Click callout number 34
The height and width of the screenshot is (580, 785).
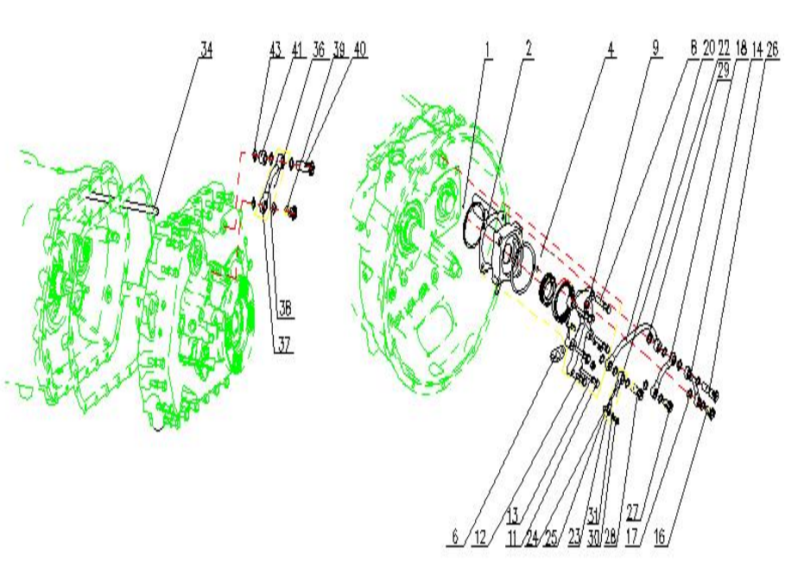[x=206, y=49]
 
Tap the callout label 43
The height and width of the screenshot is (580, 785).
[x=275, y=49]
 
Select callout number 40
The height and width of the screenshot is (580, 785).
[x=359, y=49]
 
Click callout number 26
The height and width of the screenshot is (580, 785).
[x=771, y=49]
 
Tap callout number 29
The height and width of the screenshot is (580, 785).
[x=723, y=64]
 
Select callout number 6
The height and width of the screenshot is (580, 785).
[x=455, y=538]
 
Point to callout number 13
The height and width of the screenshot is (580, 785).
[x=511, y=515]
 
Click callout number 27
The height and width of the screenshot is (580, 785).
[x=633, y=509]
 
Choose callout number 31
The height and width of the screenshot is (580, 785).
[x=594, y=517]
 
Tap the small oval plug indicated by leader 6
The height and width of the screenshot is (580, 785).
[x=555, y=352]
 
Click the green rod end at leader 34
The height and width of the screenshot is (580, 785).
[x=156, y=207]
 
